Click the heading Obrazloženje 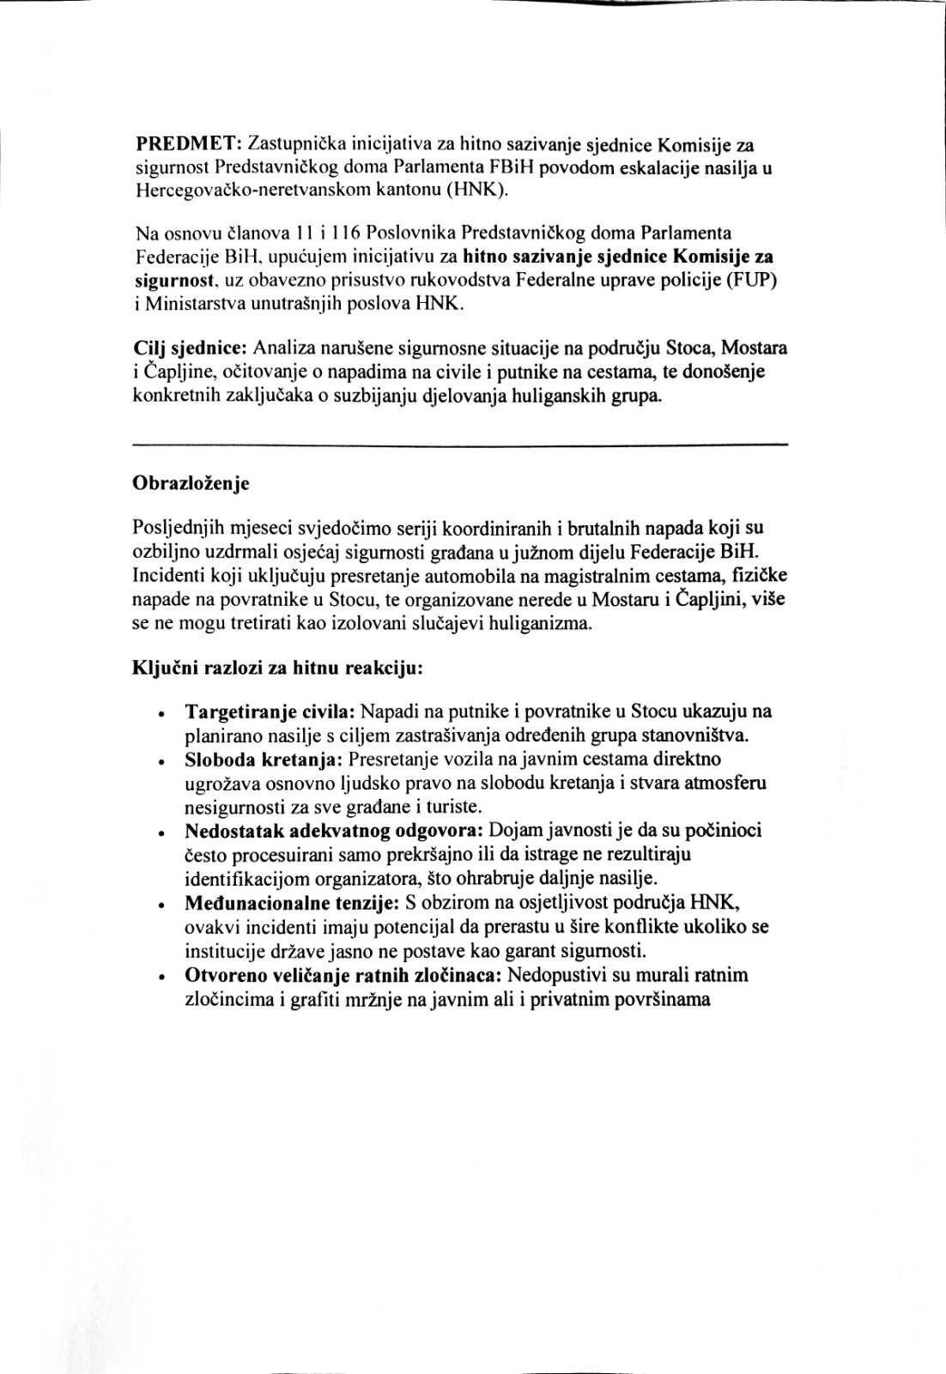coord(191,483)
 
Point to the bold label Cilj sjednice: coord(191,348)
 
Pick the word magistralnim coord(609,575)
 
